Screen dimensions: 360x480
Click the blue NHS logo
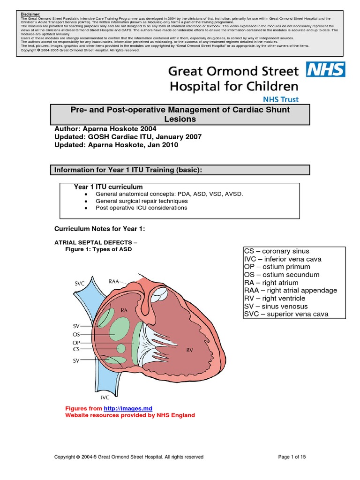326,70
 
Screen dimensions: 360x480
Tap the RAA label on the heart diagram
114,281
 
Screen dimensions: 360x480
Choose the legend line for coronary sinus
277,251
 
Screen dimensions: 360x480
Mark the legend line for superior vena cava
286,314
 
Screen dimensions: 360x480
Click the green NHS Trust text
280,99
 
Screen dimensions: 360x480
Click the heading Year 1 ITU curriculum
108,187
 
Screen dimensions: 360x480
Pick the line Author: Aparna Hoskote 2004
106,128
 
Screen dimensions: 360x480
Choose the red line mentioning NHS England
130,415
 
